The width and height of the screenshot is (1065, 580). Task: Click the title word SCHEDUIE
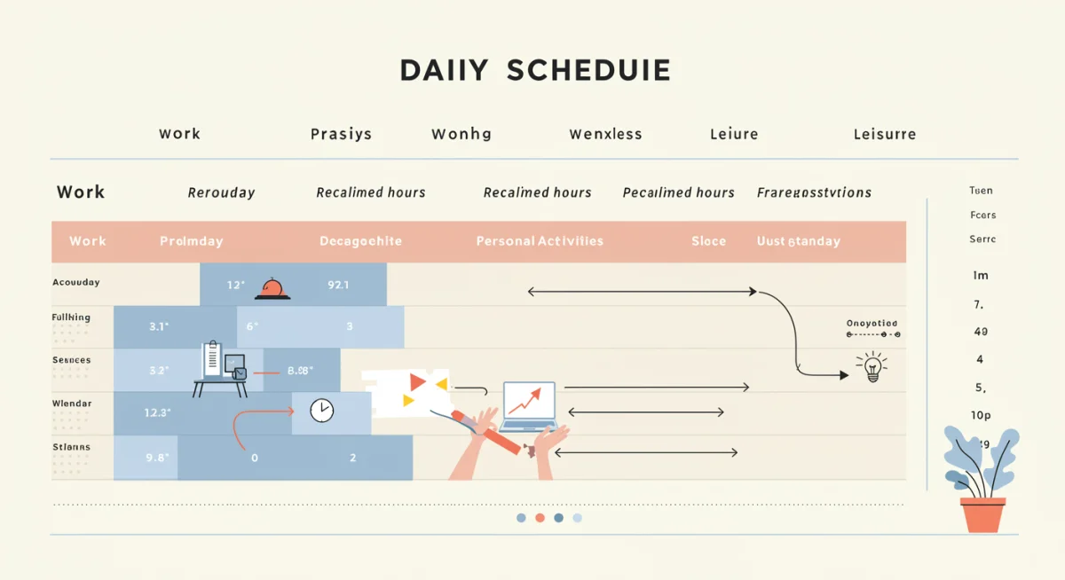click(588, 70)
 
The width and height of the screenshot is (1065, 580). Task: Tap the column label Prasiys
click(341, 135)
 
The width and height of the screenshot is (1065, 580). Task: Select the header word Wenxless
click(605, 135)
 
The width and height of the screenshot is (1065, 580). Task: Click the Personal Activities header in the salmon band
click(540, 241)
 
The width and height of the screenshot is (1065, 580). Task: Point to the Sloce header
click(708, 241)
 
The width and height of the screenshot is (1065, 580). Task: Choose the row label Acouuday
click(75, 283)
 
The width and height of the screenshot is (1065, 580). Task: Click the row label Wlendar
click(71, 404)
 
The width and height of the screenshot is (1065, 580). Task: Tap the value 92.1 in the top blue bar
click(338, 286)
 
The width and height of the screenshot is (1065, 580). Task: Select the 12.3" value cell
click(157, 412)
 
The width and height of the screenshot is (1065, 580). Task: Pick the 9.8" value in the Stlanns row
click(157, 459)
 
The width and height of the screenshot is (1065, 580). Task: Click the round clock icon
click(321, 411)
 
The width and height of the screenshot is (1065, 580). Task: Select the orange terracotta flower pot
click(982, 514)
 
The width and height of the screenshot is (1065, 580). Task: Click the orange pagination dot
click(540, 518)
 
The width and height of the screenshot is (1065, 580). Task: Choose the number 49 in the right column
click(981, 332)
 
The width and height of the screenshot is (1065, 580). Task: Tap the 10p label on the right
click(981, 415)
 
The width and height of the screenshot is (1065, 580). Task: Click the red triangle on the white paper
click(417, 382)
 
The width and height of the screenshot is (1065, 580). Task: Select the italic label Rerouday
click(221, 192)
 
